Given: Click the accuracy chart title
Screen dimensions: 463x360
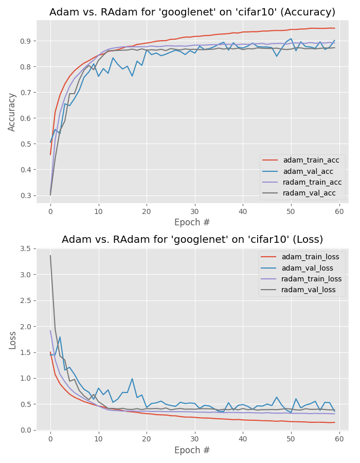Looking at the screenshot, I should pos(192,12).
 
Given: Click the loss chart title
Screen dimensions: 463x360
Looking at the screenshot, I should pos(192,240).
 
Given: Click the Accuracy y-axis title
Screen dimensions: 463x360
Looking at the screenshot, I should pos(12,112).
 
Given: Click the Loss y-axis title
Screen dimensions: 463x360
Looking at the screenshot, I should pos(12,340).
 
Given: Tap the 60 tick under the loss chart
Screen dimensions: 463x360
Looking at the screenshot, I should pos(339,440).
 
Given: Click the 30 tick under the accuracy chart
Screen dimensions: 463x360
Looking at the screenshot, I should pos(194,212).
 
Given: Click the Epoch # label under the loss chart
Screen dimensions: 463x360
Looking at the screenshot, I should pos(192,451).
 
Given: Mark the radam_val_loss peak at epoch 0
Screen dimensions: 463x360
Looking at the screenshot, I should pos(50,256).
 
